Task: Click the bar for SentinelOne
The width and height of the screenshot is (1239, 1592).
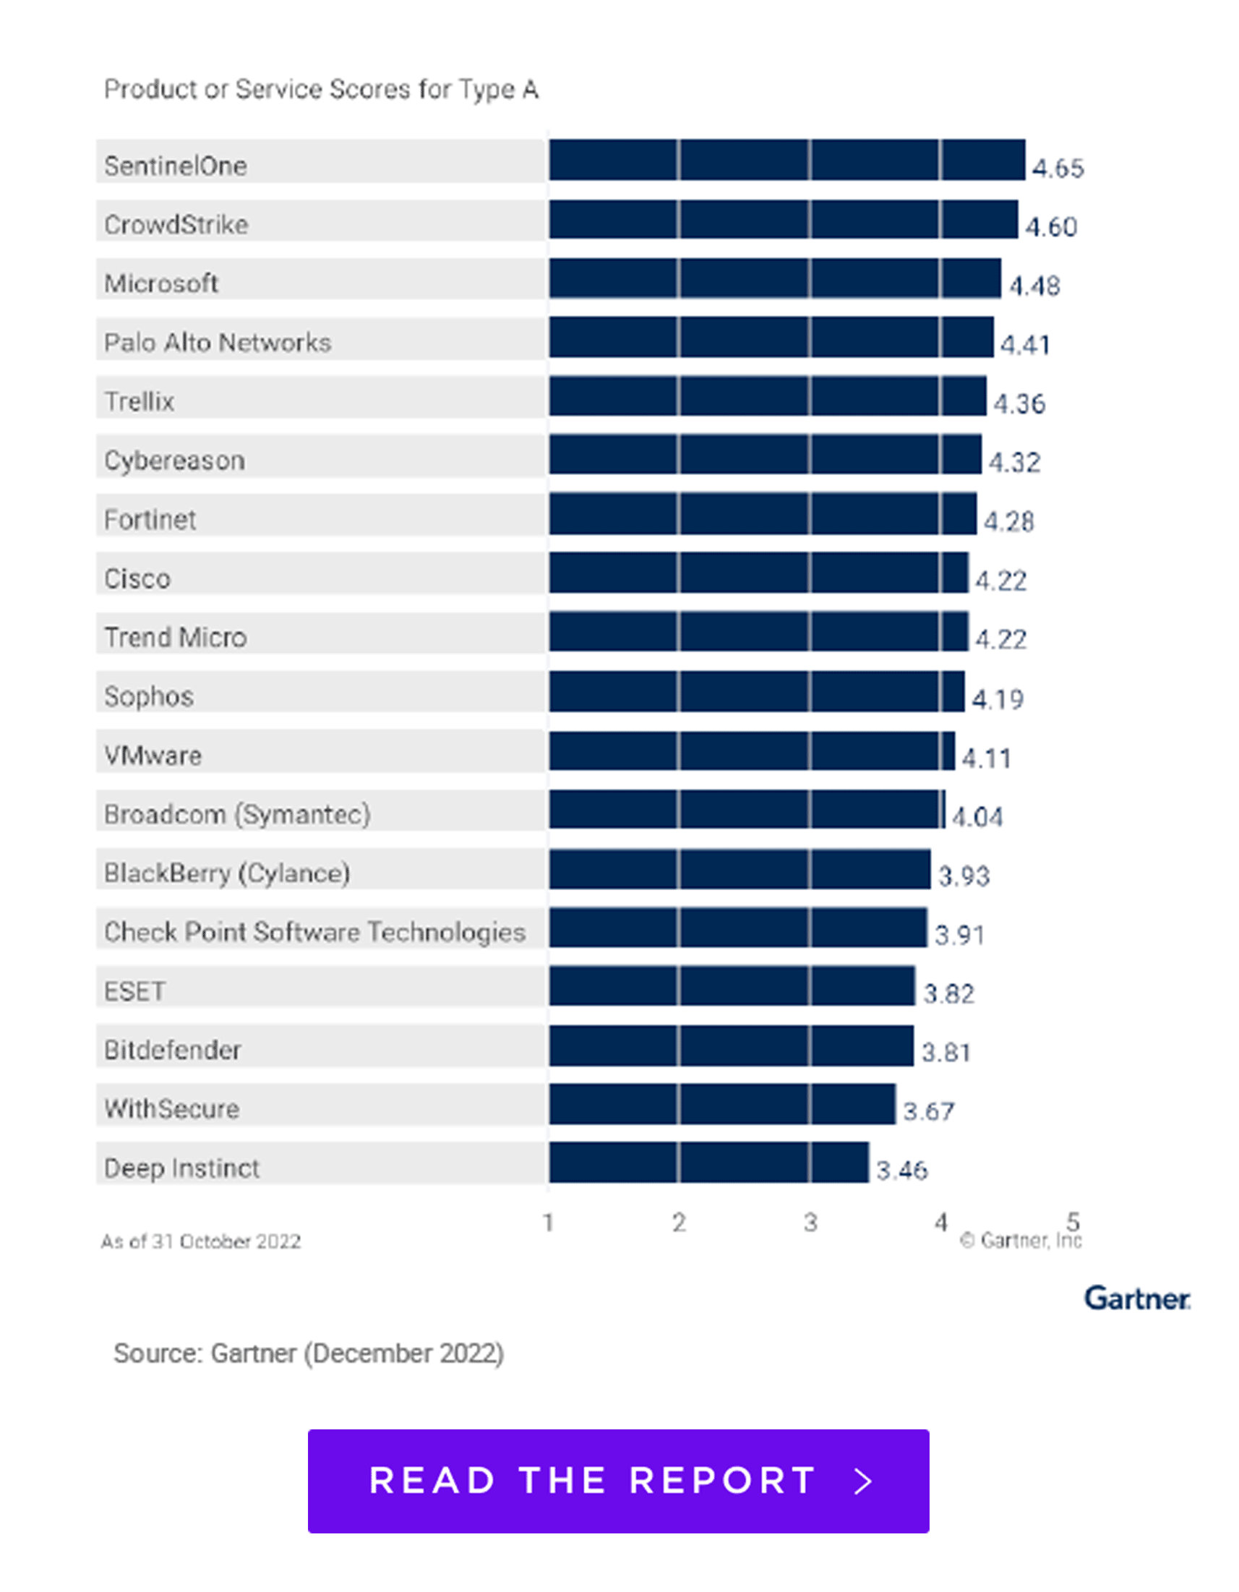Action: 787,161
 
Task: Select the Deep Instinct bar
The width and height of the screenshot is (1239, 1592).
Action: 708,1163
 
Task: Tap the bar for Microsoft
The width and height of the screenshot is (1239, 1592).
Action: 775,278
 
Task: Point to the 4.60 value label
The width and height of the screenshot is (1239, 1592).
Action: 1051,228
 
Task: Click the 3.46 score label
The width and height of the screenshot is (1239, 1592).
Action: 901,1171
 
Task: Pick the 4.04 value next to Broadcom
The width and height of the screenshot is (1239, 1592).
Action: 977,817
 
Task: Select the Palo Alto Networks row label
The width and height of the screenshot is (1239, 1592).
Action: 217,342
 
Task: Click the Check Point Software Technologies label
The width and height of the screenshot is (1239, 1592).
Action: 314,932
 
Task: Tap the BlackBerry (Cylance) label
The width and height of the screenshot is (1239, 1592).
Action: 227,873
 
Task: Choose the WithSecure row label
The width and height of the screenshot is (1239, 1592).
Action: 171,1109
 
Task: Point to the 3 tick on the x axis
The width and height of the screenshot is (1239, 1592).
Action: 810,1223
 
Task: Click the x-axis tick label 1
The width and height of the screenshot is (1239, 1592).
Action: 548,1223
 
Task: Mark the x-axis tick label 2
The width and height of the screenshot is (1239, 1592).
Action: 679,1223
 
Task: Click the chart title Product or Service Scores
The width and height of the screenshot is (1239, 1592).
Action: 321,89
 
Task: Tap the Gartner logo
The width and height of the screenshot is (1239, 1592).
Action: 1137,1298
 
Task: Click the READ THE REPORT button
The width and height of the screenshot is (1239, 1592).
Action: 618,1481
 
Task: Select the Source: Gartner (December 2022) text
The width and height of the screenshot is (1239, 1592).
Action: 308,1353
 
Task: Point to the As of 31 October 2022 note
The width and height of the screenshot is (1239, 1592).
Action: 200,1241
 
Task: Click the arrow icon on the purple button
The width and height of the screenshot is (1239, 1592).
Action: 864,1481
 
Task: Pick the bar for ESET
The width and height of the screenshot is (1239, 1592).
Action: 732,985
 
